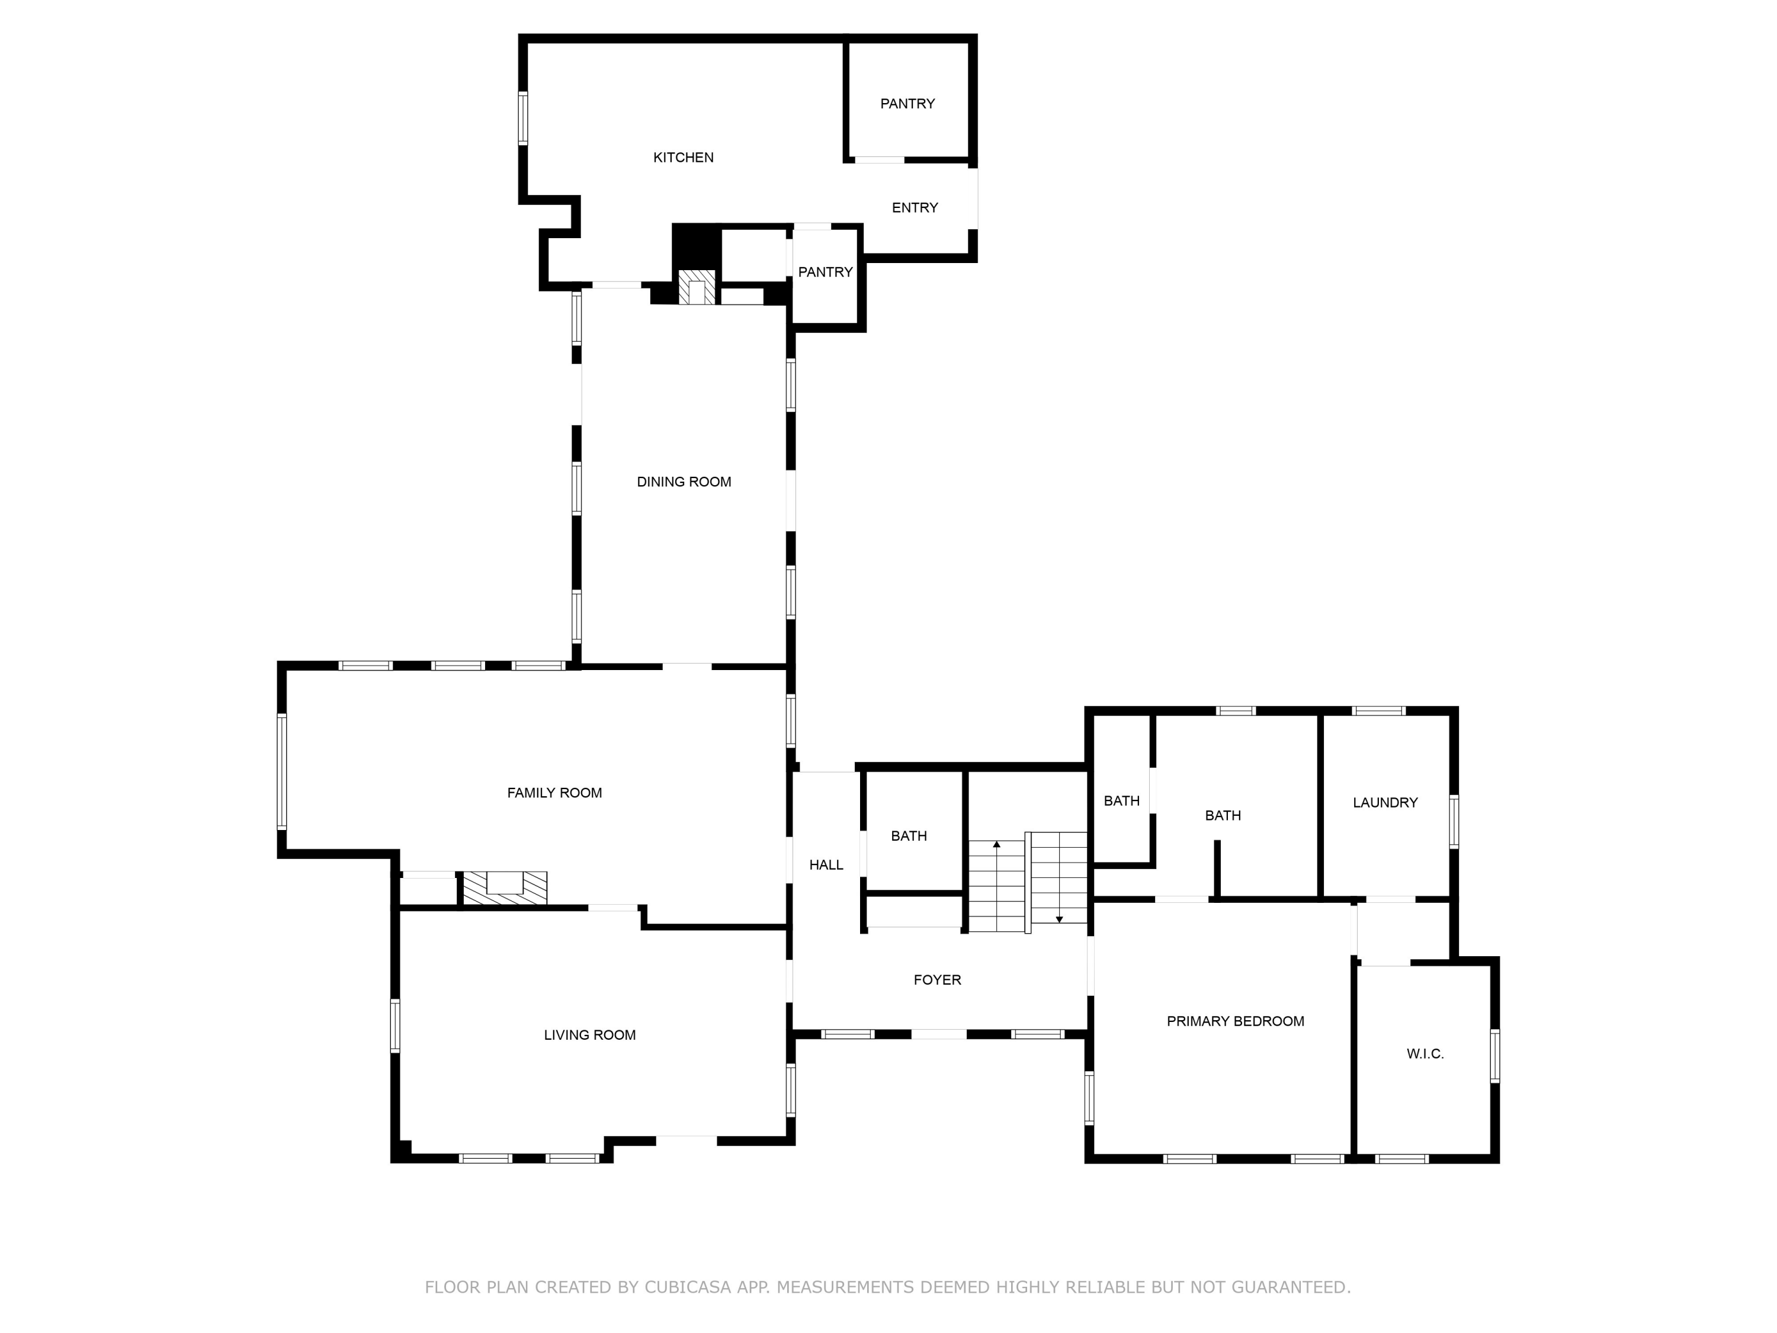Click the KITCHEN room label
[x=683, y=158]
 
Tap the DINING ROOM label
[x=684, y=482]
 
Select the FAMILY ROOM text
[x=554, y=793]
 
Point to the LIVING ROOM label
[x=589, y=1035]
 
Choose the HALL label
[x=826, y=864]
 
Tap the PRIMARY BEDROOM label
[x=1235, y=1021]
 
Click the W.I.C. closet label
[x=1425, y=1053]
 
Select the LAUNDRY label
[x=1385, y=802]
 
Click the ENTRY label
[x=914, y=207]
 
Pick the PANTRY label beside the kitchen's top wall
[x=907, y=104]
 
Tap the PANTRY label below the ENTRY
[x=825, y=273]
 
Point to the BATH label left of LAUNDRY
[x=1223, y=816]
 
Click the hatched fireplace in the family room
[x=505, y=888]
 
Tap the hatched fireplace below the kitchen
[x=697, y=287]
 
